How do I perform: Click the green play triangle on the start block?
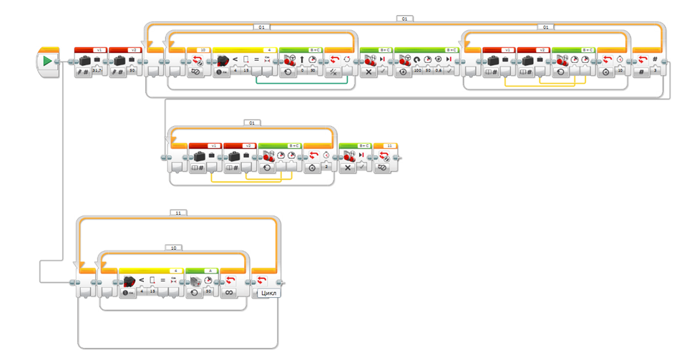(x=47, y=62)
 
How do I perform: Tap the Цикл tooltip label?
(x=268, y=293)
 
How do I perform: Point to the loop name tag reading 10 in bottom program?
(x=173, y=248)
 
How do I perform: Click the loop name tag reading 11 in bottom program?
(x=178, y=213)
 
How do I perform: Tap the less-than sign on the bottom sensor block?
(x=141, y=280)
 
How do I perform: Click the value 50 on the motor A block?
(x=208, y=293)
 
